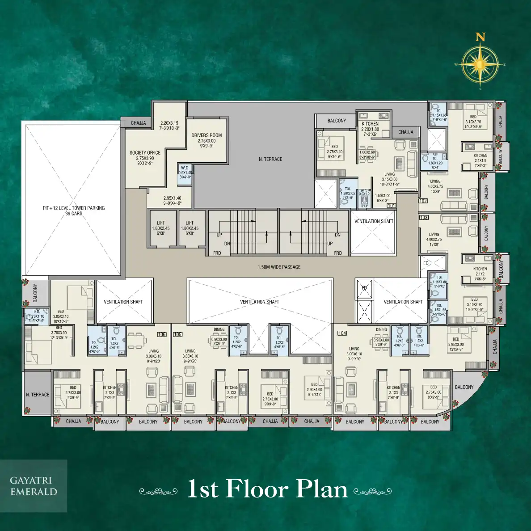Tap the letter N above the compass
coord(480,38)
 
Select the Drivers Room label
coord(206,135)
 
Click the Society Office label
coord(145,153)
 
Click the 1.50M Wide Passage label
coord(279,267)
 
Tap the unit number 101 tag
coord(392,206)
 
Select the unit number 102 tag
coord(423,201)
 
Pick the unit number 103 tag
coord(424,218)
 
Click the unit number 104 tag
coord(342,333)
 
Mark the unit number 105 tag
coord(177,334)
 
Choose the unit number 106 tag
coord(161,334)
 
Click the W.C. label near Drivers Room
coord(185,168)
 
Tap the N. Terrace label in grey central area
coord(270,159)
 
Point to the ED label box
coord(426,263)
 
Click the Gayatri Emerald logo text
coord(34,486)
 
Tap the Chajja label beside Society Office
coord(139,123)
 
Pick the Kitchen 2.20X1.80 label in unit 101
coord(370,124)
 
